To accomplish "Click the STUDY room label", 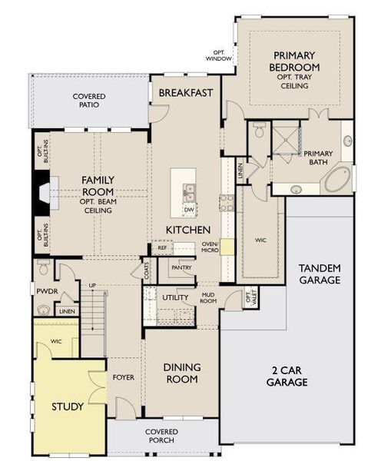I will pyautogui.click(x=68, y=406).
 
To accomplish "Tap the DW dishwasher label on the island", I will pyautogui.click(x=189, y=209).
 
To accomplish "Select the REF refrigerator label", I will pyautogui.click(x=162, y=248).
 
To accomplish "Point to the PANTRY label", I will pyautogui.click(x=182, y=268).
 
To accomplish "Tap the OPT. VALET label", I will pyautogui.click(x=247, y=300).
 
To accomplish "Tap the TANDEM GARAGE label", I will pyautogui.click(x=320, y=274).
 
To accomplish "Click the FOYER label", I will pyautogui.click(x=124, y=377).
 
